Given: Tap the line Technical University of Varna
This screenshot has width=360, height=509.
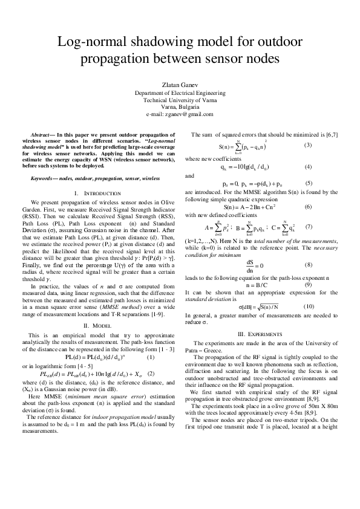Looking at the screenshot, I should coord(180,100).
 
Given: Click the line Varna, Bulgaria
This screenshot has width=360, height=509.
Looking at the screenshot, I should coord(180,106).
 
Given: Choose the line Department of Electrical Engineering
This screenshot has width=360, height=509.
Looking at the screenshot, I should coord(180,92).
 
